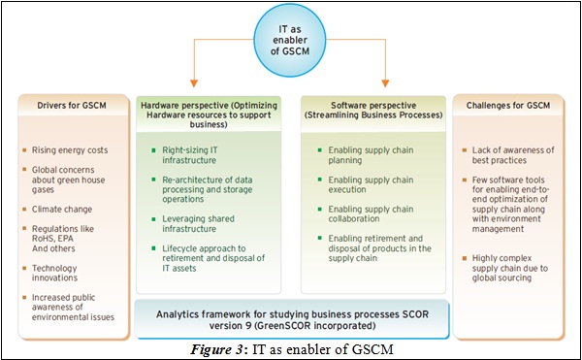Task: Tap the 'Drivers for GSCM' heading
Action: [67, 105]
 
